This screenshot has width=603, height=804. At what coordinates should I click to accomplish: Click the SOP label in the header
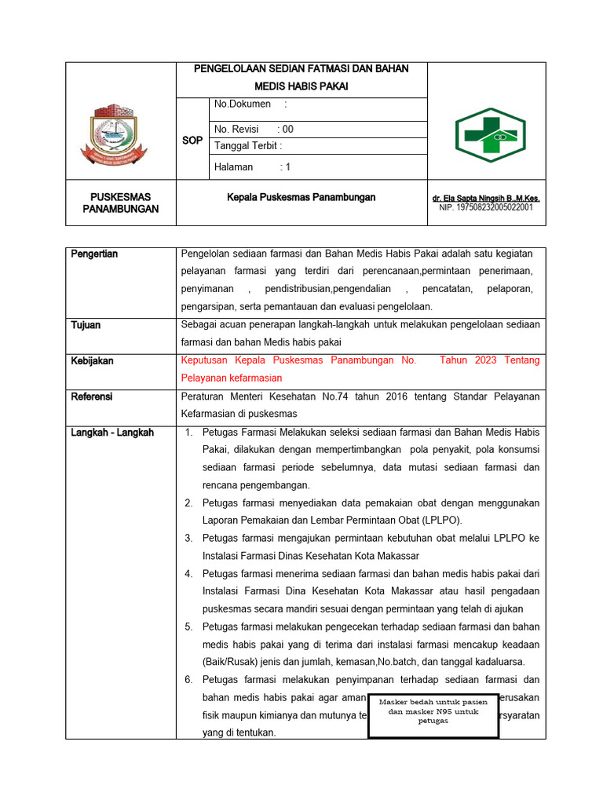pyautogui.click(x=192, y=140)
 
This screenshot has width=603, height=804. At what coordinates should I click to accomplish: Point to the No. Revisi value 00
pyautogui.click(x=288, y=130)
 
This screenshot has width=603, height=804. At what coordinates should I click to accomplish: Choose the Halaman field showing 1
pyautogui.click(x=252, y=167)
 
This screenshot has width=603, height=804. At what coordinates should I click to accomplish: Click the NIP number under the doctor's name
pyautogui.click(x=486, y=208)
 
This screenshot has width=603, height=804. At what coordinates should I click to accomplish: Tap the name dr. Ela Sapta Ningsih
pyautogui.click(x=486, y=199)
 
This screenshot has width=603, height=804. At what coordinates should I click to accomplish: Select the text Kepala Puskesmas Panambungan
pyautogui.click(x=301, y=197)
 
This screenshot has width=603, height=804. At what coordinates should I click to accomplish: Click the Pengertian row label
pyautogui.click(x=94, y=254)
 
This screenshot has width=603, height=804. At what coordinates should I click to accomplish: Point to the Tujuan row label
pyautogui.click(x=86, y=325)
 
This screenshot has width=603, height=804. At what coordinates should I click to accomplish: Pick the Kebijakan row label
pyautogui.click(x=92, y=360)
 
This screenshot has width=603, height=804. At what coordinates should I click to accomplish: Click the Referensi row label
pyautogui.click(x=92, y=397)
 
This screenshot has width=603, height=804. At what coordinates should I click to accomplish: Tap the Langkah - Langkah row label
pyautogui.click(x=112, y=433)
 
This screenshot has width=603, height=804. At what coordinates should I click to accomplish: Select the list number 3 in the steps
pyautogui.click(x=188, y=538)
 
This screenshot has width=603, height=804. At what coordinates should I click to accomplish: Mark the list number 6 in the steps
pyautogui.click(x=188, y=680)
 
